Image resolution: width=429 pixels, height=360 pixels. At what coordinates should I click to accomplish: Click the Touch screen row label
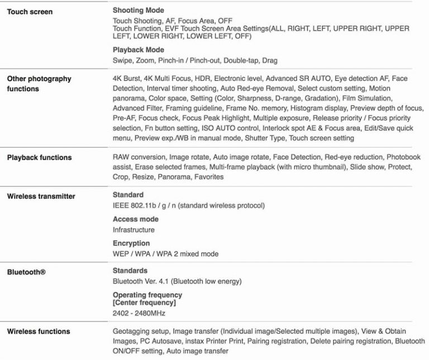coord(30,11)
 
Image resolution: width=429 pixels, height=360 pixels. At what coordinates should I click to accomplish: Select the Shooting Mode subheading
coord(139,10)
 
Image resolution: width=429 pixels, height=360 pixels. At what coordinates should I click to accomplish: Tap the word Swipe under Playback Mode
coord(122,60)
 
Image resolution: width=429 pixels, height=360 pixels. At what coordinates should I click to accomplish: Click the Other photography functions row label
coord(39,84)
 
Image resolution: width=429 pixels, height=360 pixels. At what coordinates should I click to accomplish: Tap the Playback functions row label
coord(39,157)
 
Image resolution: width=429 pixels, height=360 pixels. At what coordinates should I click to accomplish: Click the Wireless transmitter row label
coord(41,196)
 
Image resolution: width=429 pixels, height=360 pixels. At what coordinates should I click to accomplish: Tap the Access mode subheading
coord(135,219)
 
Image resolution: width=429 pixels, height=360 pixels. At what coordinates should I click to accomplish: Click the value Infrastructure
coord(134,229)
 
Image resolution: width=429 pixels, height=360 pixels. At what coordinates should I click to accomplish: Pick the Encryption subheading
coord(131,243)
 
